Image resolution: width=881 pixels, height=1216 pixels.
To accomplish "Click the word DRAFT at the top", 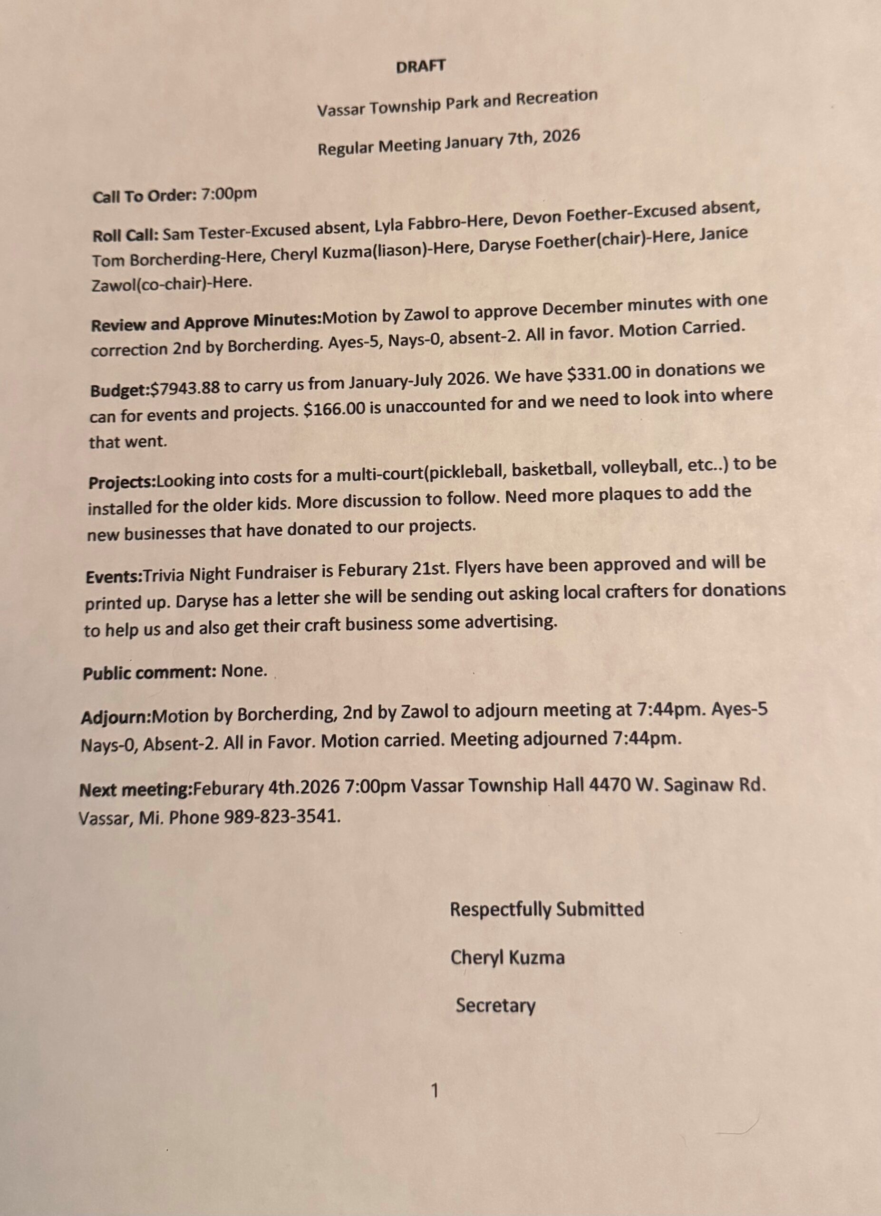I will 420,66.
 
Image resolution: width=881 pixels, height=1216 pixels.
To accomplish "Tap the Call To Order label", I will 142,196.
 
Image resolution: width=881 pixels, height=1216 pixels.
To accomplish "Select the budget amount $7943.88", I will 185,389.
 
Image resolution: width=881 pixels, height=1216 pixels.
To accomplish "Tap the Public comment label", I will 149,672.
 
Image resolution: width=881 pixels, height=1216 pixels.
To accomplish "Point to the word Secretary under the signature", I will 495,1005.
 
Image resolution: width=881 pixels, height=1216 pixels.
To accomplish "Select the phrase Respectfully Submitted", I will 547,909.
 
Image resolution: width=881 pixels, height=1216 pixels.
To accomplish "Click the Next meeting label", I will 136,790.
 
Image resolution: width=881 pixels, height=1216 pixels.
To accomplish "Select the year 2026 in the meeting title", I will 561,136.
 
